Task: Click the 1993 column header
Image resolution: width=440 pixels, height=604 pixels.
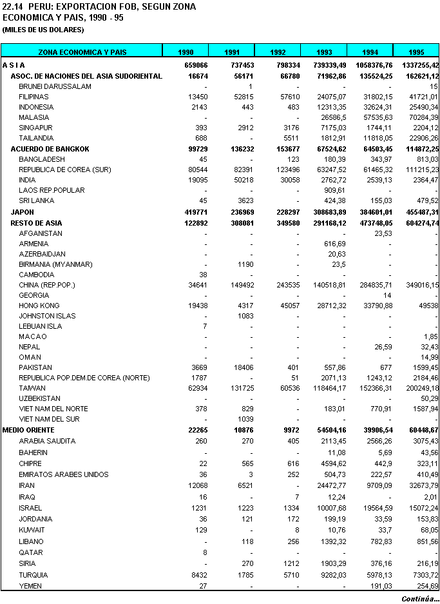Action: [323, 52]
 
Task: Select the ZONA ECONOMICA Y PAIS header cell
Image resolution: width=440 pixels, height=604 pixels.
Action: [82, 52]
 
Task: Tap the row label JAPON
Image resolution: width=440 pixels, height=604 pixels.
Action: [23, 212]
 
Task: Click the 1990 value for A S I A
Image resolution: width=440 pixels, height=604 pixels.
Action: [194, 65]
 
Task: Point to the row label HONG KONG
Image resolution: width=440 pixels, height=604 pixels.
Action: [38, 306]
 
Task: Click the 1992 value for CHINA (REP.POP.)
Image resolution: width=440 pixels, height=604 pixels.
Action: [286, 285]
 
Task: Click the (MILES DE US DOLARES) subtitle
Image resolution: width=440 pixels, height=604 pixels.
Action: [43, 30]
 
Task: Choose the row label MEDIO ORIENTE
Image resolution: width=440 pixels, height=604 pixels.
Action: [28, 430]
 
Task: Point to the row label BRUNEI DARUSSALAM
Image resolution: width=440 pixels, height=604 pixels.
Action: [55, 86]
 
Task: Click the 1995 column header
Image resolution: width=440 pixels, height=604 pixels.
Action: [417, 52]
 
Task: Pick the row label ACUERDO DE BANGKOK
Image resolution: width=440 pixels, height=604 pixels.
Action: [50, 149]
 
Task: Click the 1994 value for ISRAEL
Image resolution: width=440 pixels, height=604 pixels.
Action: [378, 508]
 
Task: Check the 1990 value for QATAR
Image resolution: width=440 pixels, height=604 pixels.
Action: [204, 552]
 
